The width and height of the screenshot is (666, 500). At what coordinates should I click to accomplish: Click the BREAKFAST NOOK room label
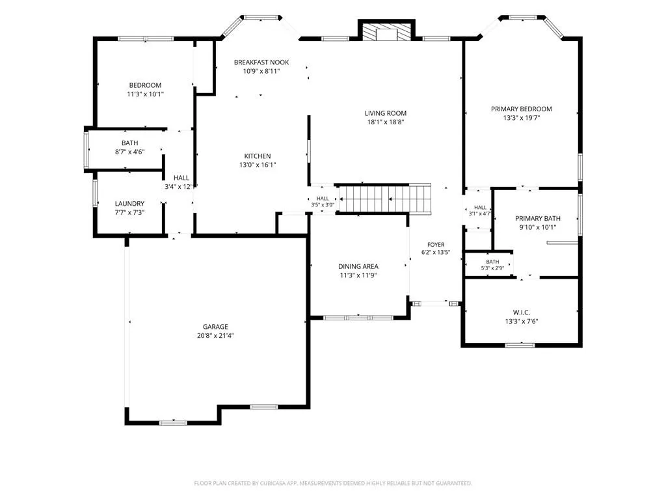pos(261,62)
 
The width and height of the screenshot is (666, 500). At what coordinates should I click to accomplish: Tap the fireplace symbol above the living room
pos(386,31)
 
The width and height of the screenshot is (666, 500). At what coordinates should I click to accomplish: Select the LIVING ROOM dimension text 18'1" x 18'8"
pos(386,122)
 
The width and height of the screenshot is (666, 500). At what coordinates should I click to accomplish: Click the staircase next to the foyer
pos(385,198)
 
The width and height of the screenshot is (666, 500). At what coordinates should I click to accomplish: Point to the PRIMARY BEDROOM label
pos(522,109)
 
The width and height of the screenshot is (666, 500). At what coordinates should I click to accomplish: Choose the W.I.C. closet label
pos(522,312)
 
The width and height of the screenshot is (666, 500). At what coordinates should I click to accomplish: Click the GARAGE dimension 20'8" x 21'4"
pos(215,335)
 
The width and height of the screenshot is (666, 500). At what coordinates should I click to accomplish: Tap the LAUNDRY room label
pos(129,204)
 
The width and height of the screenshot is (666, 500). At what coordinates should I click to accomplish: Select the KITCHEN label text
pos(258,156)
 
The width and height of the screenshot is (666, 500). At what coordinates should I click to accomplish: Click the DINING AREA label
pos(358,266)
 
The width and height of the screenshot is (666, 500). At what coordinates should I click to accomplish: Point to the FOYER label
pos(436,245)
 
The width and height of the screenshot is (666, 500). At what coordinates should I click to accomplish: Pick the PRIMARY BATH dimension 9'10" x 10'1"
pos(538,227)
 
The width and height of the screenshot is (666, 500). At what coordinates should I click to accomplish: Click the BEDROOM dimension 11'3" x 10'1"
pos(145,94)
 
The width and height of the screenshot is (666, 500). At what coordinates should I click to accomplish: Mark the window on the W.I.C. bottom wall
pos(520,345)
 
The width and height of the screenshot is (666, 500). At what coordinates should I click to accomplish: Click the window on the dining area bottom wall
pos(358,318)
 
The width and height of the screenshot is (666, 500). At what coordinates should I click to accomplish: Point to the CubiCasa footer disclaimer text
pos(333,483)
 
